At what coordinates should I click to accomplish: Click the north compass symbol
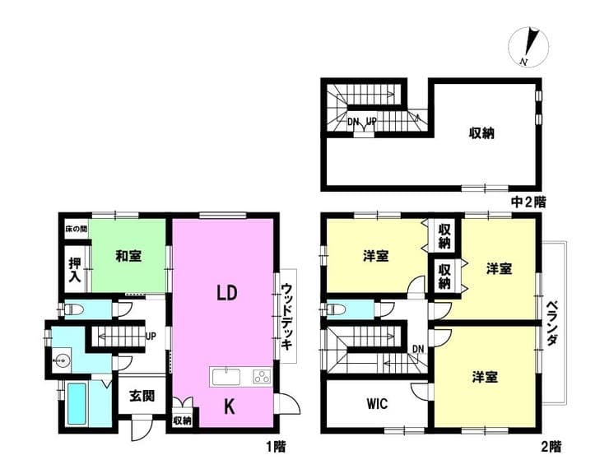coord(528,47)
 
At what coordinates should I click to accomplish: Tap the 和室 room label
coord(128,256)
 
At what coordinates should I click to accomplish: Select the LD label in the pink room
coord(227,293)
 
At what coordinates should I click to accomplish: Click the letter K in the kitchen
coord(230,407)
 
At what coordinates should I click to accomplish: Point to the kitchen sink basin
coord(226,377)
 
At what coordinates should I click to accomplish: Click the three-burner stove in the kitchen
coord(262,377)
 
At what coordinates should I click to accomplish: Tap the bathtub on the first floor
coord(77,404)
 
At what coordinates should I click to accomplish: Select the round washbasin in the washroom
coord(61,360)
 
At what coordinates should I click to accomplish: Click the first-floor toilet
coord(73,309)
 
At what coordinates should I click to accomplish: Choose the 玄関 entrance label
coord(142,396)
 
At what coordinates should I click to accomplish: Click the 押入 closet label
coord(74,270)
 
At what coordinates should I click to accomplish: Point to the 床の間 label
coord(76,230)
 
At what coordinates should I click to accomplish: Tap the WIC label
coord(377,404)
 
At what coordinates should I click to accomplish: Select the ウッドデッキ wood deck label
coord(286,317)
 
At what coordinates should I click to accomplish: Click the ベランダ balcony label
coord(552,323)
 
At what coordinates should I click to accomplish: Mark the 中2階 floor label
coord(528,202)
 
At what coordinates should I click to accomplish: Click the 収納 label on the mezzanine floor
coord(481,133)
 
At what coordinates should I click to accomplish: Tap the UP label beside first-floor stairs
coord(151,336)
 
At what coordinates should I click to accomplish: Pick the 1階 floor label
coord(276,447)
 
